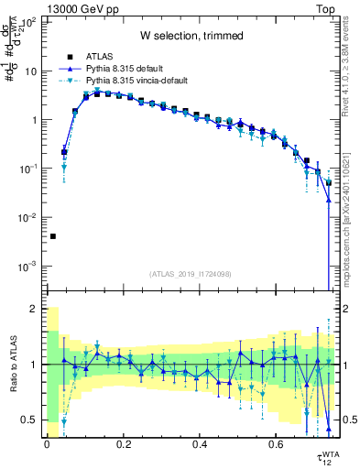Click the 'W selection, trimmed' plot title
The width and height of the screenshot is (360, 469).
[x=191, y=36]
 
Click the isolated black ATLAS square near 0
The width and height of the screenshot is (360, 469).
[x=52, y=236]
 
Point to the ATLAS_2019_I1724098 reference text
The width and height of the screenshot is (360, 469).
[x=191, y=274]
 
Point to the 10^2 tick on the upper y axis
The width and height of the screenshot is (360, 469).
[x=29, y=22]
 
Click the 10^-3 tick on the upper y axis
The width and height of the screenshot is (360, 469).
[x=28, y=267]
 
